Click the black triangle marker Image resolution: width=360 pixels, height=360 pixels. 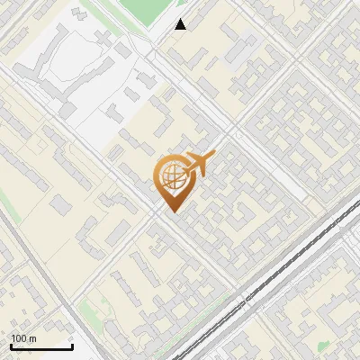click(181, 24)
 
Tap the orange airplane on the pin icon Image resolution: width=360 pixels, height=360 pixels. click(199, 164)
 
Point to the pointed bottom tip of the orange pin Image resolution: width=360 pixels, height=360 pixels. click(172, 211)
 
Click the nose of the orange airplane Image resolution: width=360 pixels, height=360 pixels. click(215, 155)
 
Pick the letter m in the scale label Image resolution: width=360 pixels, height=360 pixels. click(33, 339)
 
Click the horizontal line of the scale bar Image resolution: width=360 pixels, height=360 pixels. click(41, 347)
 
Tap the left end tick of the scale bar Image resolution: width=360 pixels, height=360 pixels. click(11, 346)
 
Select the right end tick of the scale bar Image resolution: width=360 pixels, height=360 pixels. click(73, 346)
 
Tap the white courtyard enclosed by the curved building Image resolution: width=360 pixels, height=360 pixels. click(63, 63)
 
